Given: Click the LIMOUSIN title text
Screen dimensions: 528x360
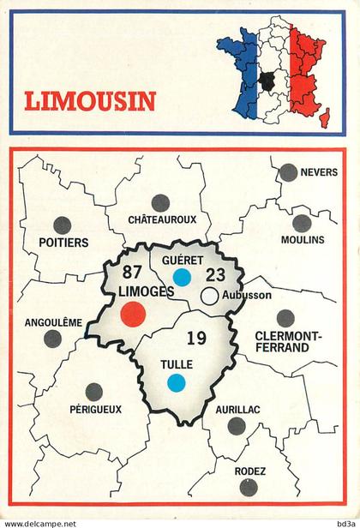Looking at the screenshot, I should pos(90,101).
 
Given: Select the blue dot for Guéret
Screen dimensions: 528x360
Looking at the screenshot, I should pos(181,277).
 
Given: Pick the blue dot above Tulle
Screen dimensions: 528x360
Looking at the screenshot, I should pos(176,383).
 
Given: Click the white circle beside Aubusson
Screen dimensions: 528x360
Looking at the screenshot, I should pos(209,296).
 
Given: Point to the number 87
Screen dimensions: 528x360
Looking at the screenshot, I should pos(132,273).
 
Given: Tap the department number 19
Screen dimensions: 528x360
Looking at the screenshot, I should pos(196,339).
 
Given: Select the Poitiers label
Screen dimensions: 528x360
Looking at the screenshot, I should pos(63,243).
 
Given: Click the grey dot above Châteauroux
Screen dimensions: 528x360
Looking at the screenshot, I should pos(160,203).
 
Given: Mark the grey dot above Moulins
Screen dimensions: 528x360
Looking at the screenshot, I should pos(302,223).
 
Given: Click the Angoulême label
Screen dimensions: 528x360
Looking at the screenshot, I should pos(54,323).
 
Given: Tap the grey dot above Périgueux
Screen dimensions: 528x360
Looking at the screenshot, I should pos(94,392).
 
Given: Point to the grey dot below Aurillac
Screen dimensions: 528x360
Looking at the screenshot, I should pos(237,427).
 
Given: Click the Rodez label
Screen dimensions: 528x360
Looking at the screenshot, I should pos(249,471).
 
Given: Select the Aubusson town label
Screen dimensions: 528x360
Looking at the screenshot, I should pos(246,296).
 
